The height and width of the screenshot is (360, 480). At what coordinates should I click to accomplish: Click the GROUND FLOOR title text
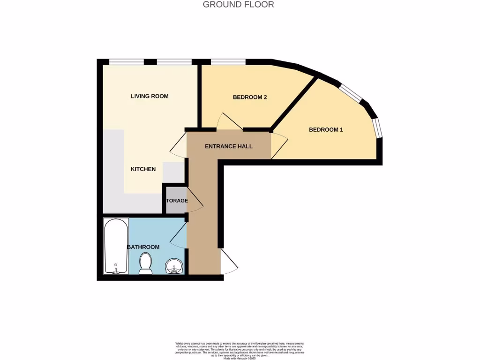point(238,5)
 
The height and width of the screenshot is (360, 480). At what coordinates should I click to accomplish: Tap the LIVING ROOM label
point(150,96)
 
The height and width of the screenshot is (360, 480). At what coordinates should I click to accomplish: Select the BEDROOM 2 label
point(250,97)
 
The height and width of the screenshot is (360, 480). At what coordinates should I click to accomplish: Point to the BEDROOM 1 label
point(326,129)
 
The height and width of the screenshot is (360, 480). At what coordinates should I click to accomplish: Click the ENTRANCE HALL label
point(229,146)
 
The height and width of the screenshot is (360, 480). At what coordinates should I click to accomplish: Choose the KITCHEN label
point(143,169)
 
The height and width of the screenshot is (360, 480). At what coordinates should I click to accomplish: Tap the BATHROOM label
point(143,247)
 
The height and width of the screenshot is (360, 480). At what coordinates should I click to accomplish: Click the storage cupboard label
point(177,201)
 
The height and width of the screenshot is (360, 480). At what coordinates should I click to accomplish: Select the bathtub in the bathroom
point(115,246)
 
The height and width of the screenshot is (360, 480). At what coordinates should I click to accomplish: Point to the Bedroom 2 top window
point(228,61)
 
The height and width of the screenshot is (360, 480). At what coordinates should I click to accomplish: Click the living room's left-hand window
point(127,61)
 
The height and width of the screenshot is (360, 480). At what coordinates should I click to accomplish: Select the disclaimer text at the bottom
point(240,350)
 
